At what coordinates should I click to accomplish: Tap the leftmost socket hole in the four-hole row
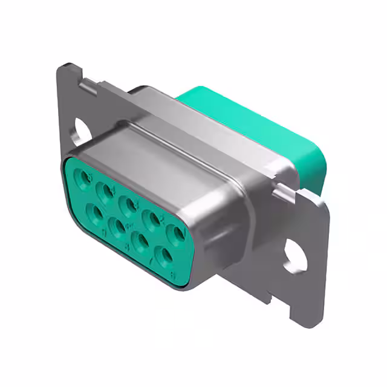click(x=94, y=212)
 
